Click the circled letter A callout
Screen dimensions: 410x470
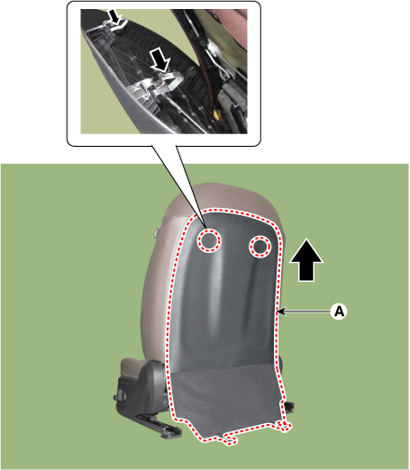339,312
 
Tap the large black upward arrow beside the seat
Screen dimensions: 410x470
306,260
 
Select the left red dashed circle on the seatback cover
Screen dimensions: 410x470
209,240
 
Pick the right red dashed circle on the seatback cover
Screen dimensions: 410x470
260,246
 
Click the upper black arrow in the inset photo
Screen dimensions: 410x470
115,17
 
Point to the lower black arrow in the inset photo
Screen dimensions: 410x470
160,61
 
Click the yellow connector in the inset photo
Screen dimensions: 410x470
216,115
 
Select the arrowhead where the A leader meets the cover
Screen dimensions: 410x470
280,312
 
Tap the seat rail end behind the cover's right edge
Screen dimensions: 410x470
288,406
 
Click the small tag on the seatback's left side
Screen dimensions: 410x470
156,233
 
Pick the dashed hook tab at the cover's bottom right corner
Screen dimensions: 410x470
284,426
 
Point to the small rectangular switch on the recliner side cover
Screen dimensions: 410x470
121,394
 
